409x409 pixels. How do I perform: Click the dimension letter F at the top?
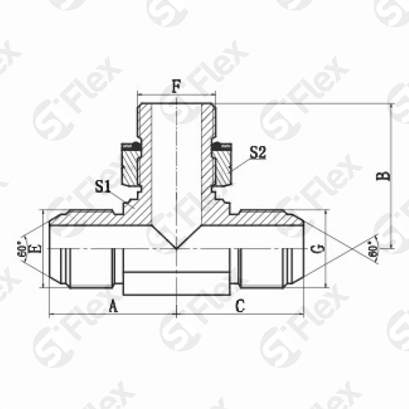(177, 87)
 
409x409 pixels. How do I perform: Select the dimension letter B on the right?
(385, 175)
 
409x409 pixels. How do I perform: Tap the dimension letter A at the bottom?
(113, 306)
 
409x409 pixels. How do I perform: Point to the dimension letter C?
(239, 306)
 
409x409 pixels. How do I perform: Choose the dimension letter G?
(316, 249)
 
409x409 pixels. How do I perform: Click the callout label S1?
(103, 185)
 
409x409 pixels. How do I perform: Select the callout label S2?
(257, 153)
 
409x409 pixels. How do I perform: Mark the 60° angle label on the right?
(373, 249)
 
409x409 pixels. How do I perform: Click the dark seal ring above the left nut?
(130, 146)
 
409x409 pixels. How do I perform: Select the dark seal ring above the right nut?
(222, 146)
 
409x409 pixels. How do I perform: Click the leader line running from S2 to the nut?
(240, 162)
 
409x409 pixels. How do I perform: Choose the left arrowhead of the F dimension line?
(140, 95)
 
